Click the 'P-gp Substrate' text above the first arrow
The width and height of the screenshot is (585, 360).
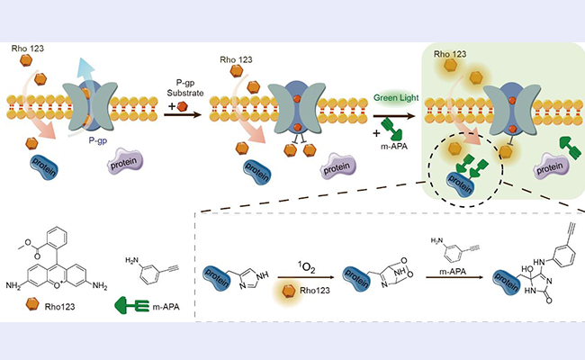point(187,87)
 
